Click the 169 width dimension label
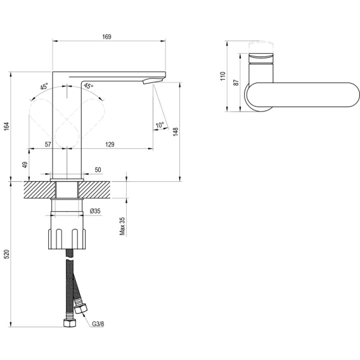click(x=106, y=37)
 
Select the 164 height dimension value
click(x=6, y=127)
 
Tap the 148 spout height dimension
click(x=176, y=132)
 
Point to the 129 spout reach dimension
click(x=110, y=145)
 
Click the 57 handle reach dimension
click(x=48, y=145)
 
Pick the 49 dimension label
click(x=25, y=165)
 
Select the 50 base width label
click(x=98, y=170)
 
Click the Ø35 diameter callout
click(x=95, y=211)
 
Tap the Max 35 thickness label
click(x=122, y=226)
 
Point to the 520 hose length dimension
click(x=6, y=254)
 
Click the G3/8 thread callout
click(x=98, y=324)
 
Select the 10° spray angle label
click(x=160, y=125)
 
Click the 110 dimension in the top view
click(x=223, y=76)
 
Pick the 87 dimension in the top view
click(x=236, y=82)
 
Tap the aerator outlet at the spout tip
click(x=152, y=80)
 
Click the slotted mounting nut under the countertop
click(x=67, y=239)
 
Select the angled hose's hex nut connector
click(x=81, y=308)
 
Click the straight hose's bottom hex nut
click(x=70, y=323)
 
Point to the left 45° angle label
click(x=44, y=86)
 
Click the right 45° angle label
click(x=89, y=86)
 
